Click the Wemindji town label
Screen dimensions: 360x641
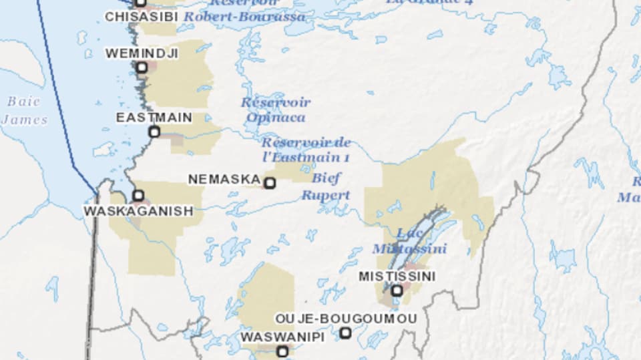click(142, 53)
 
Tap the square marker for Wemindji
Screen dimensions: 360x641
click(142, 67)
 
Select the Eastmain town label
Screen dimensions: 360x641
click(154, 118)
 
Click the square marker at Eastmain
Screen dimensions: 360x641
click(154, 132)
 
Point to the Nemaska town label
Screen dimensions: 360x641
click(224, 180)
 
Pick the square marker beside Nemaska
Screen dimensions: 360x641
click(270, 182)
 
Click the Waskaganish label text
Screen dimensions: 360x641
click(138, 211)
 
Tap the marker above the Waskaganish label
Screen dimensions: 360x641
click(138, 196)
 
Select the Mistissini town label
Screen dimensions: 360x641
click(397, 276)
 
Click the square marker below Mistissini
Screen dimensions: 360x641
click(397, 290)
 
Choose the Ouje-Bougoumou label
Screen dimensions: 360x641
click(345, 319)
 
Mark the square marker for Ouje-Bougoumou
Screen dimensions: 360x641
click(345, 333)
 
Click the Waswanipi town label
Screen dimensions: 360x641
click(282, 337)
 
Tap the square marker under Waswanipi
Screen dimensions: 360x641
click(282, 351)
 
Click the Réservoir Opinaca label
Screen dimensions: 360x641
click(275, 110)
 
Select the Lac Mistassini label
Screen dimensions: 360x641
click(409, 241)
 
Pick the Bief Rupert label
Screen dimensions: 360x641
click(325, 187)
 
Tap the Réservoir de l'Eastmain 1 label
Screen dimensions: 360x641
click(306, 150)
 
